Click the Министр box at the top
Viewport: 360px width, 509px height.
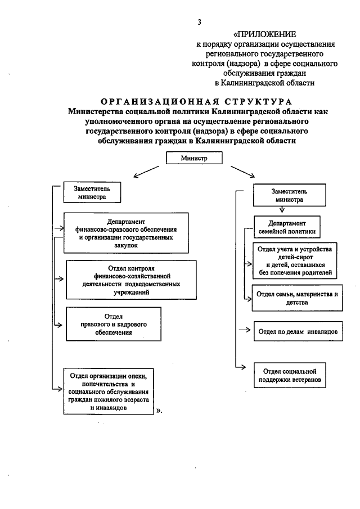coord(195,159)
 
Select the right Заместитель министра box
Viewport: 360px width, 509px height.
coord(289,195)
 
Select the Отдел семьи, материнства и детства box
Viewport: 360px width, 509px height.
coord(296,298)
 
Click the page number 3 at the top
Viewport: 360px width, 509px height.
coord(199,22)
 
